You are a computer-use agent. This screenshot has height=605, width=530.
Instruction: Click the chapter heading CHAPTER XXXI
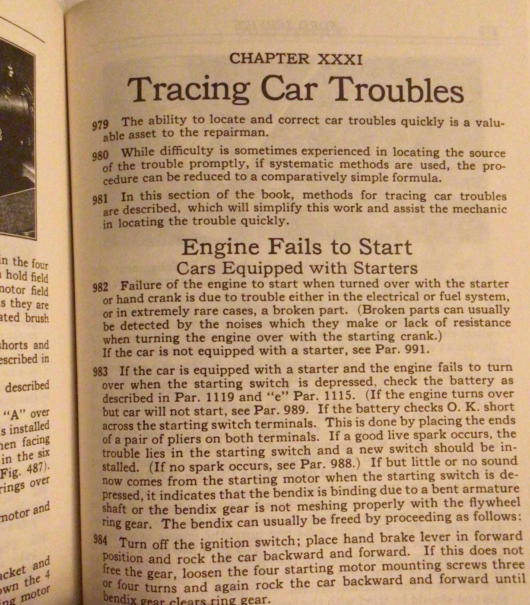[296, 58]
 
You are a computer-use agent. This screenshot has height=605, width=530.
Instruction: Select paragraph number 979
[100, 125]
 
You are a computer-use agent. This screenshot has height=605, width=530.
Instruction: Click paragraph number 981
[100, 199]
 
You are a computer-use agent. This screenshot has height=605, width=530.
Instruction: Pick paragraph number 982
[100, 287]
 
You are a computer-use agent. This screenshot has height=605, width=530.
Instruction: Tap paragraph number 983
[100, 371]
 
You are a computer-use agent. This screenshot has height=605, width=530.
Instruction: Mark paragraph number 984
[102, 541]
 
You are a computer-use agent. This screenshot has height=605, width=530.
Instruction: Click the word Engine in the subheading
[220, 248]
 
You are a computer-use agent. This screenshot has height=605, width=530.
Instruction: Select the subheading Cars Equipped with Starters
[297, 268]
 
